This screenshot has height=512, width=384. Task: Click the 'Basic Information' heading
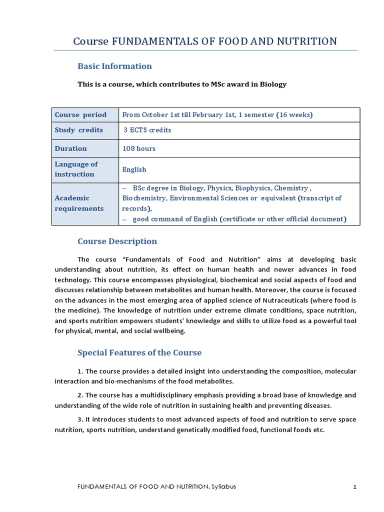pos(114,66)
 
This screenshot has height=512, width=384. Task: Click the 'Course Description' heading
pos(117,241)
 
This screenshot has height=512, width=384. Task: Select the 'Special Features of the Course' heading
pos(139,352)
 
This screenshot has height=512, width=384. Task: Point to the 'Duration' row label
pos(70,148)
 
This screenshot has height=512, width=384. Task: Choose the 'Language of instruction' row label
pos(76,169)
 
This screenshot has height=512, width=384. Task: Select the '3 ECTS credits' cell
pos(147,130)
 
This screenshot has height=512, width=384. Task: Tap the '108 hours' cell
pos(139,148)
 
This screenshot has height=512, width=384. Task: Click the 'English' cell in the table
pos(134,169)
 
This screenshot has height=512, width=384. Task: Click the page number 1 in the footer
pos(354,487)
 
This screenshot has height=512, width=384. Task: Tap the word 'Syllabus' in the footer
pos(223,487)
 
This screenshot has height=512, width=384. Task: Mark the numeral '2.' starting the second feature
pos(80,395)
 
